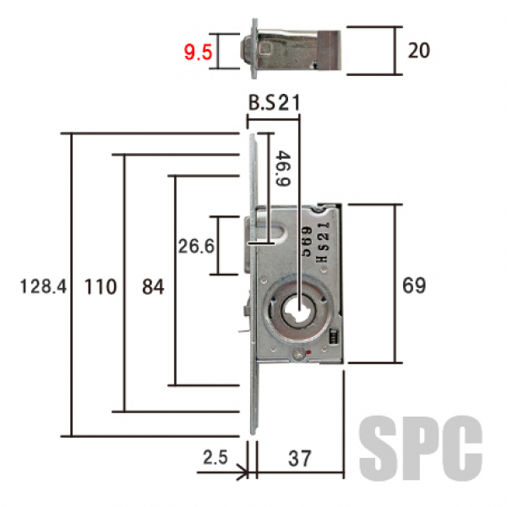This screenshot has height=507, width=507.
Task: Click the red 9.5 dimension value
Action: pos(198,52)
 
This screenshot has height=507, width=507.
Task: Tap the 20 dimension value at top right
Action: pos(419,51)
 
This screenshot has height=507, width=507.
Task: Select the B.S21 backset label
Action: pos(274,102)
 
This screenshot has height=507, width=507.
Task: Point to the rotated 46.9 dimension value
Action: pos(282,168)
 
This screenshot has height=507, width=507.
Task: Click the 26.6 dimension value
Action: pos(196,247)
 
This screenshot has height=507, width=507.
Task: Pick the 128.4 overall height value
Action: pos(43,286)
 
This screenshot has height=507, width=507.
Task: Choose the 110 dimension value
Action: pos(101,286)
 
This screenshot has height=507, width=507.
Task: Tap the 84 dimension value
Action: pos(153,286)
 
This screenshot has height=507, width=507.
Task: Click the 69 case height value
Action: pos(414,286)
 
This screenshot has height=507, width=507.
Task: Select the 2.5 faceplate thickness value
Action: pos(215,457)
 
